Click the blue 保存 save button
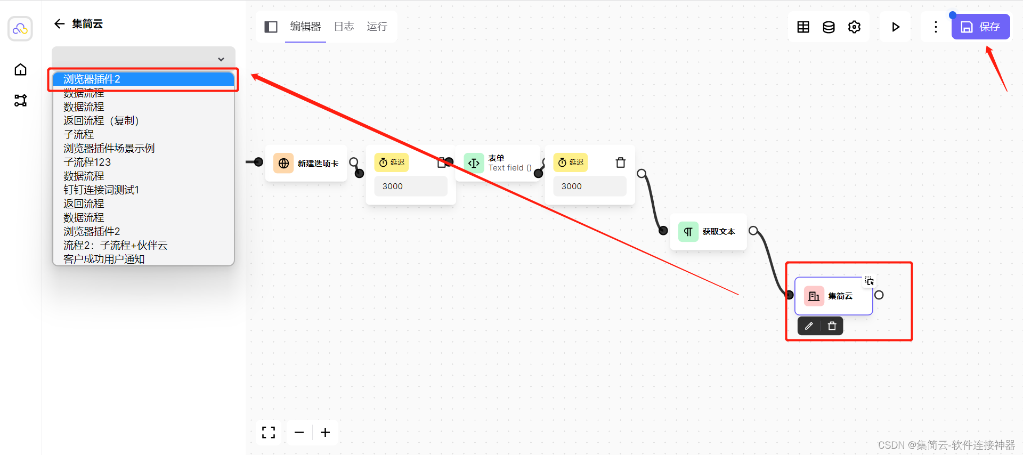pos(980,27)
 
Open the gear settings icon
pos(854,27)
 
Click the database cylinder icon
pos(829,27)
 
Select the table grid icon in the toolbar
pos(803,27)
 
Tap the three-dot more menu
pos(936,27)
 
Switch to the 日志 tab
pos(344,27)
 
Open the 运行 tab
pos(377,27)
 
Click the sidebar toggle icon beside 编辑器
pos(271,27)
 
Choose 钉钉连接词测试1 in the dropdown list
pos(101,190)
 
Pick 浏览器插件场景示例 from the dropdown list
pos(109,148)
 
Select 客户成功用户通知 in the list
pos(104,259)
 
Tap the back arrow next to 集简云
pos(60,24)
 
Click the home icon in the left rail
pos(20,70)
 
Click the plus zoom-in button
pos(325,433)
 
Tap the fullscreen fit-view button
pos(269,433)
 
